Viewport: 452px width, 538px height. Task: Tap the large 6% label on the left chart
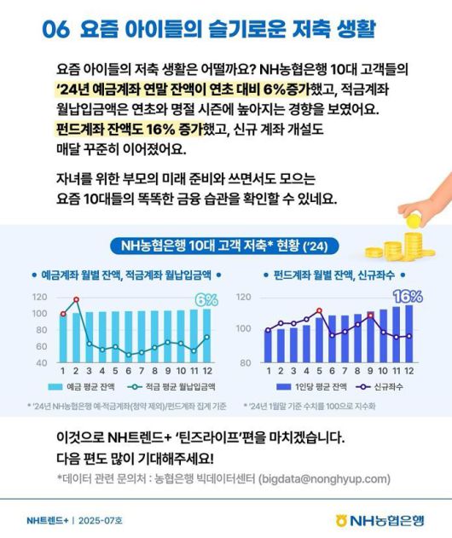[x=206, y=300]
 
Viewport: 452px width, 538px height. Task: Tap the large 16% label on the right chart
[x=406, y=297]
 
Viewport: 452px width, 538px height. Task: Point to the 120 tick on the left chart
[x=39, y=298]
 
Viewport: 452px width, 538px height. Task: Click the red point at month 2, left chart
[x=77, y=300]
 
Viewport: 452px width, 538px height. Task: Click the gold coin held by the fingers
[x=414, y=219]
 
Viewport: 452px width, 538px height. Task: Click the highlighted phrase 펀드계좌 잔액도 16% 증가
[x=124, y=130]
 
